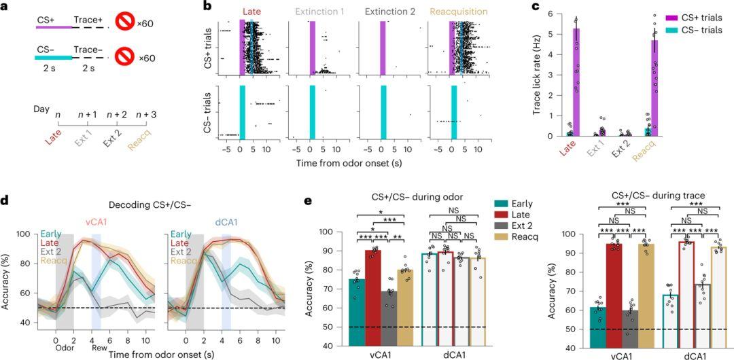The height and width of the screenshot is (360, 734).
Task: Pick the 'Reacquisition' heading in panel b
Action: (455, 11)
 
